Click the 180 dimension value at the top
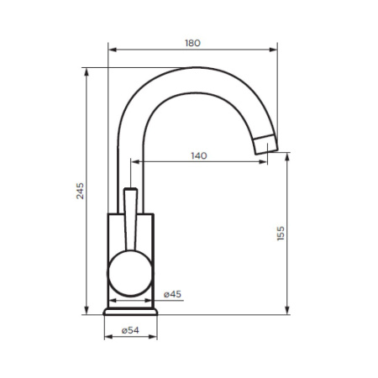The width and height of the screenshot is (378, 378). click(192, 43)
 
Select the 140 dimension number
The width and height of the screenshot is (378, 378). click(199, 156)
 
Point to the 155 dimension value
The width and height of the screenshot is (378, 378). click(281, 234)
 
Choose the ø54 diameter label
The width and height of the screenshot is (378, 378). click(129, 330)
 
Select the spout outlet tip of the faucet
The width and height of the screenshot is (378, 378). click(265, 144)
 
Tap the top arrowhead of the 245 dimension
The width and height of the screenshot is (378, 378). click(87, 69)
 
